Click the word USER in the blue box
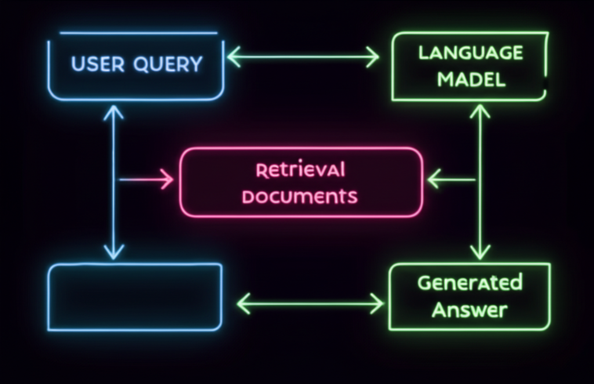pos(97,64)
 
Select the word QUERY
pos(168,64)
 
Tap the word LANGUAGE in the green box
pos(470,53)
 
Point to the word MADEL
pos(471,79)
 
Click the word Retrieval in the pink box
pos(300,170)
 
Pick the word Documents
pos(299,197)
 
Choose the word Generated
pos(469,283)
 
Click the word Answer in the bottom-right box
pos(469,309)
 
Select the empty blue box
pos(135,297)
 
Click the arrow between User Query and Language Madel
pos(303,57)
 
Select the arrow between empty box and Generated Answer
pos(310,303)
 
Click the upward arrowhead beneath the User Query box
pos(114,112)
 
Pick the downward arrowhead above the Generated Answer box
pos(480,252)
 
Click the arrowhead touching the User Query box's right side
pos(234,57)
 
